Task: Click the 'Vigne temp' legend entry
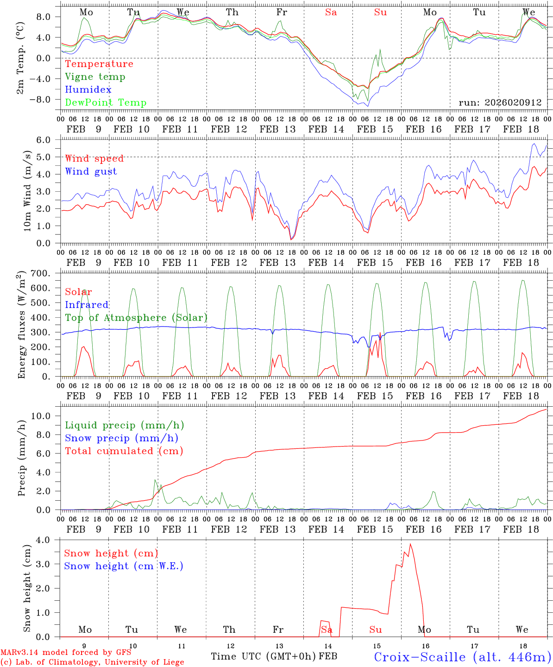(95, 77)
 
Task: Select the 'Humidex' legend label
(88, 90)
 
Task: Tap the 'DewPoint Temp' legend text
(106, 103)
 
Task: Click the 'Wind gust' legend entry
(91, 171)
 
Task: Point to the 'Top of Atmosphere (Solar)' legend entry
(136, 318)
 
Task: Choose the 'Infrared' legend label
(87, 305)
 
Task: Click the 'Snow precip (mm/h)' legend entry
(121, 438)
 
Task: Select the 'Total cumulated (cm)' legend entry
(124, 451)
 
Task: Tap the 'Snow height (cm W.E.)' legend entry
(124, 566)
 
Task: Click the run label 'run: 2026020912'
(500, 103)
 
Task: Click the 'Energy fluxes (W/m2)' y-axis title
(21, 326)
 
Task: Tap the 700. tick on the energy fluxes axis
(47, 273)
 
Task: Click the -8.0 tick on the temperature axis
(46, 99)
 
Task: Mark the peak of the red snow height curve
(410, 544)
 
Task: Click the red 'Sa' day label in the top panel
(331, 13)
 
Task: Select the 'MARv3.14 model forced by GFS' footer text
(65, 653)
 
